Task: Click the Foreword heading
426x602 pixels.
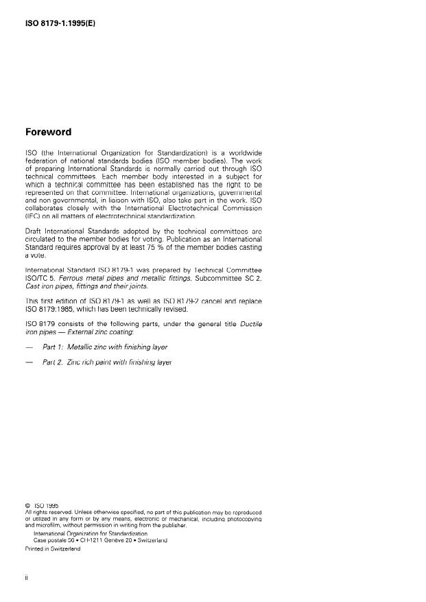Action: [49, 132]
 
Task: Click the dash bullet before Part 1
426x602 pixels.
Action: [29, 347]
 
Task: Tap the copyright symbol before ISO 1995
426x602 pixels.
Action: [27, 507]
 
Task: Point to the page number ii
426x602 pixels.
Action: [26, 577]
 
